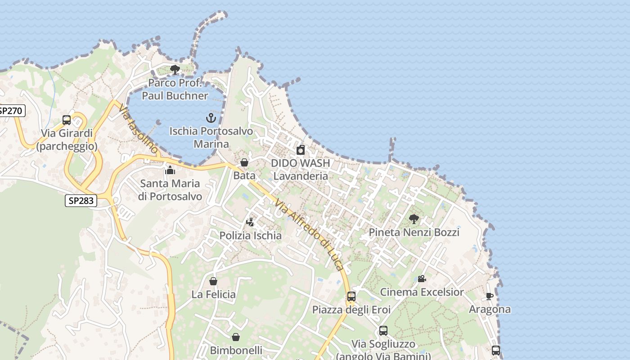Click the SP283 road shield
[81, 201]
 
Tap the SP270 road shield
[11, 111]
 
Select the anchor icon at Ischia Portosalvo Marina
[211, 118]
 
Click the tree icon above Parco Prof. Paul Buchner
[175, 70]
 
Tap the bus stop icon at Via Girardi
[67, 120]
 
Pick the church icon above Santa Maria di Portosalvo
[170, 170]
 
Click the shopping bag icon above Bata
[244, 162]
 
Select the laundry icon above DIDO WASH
[301, 150]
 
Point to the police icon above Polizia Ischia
[250, 222]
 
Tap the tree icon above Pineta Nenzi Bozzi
[414, 219]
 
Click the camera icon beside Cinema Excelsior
[422, 279]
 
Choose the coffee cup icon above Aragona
[490, 296]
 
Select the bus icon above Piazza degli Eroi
[351, 297]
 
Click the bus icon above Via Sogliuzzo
[383, 331]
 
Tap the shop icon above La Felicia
[213, 281]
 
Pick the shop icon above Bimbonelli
[236, 337]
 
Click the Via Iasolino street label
[139, 129]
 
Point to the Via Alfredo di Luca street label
[310, 234]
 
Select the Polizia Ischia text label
[250, 235]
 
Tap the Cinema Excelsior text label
[422, 292]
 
